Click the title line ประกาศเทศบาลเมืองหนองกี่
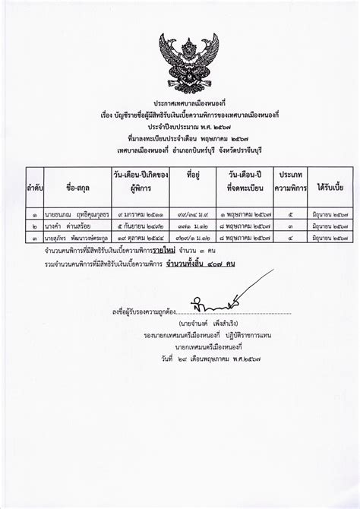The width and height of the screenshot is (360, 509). click(180, 101)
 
